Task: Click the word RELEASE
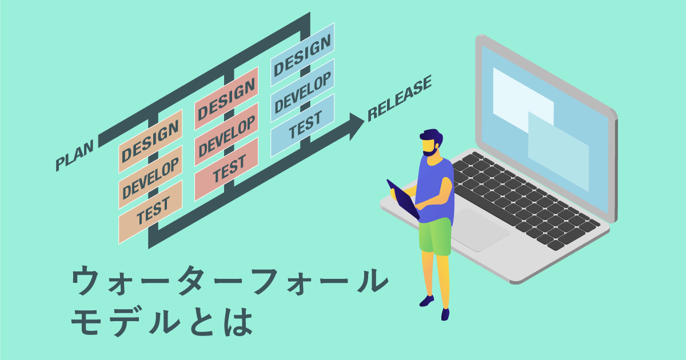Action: tap(399, 98)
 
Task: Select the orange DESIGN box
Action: tap(150, 141)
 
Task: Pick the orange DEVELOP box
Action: tap(150, 177)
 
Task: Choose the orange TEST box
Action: tap(150, 212)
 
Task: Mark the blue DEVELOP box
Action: tap(302, 92)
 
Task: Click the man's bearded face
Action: tap(432, 145)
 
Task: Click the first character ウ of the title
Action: tap(86, 281)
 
